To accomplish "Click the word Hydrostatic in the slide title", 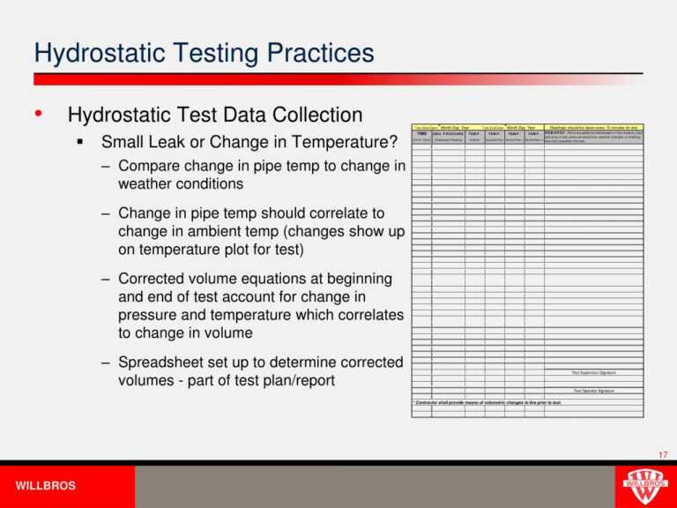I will pos(96,54).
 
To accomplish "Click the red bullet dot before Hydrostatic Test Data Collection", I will pos(37,116).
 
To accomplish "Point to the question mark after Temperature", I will pos(394,141).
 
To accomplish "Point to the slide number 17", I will pos(663,454).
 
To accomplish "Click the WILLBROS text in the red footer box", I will pos(46,486).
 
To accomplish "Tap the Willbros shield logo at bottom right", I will pos(645,484).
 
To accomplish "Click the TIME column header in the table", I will pos(421,133).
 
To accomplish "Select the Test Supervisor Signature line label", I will pos(593,372).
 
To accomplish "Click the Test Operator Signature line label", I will pos(593,391).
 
